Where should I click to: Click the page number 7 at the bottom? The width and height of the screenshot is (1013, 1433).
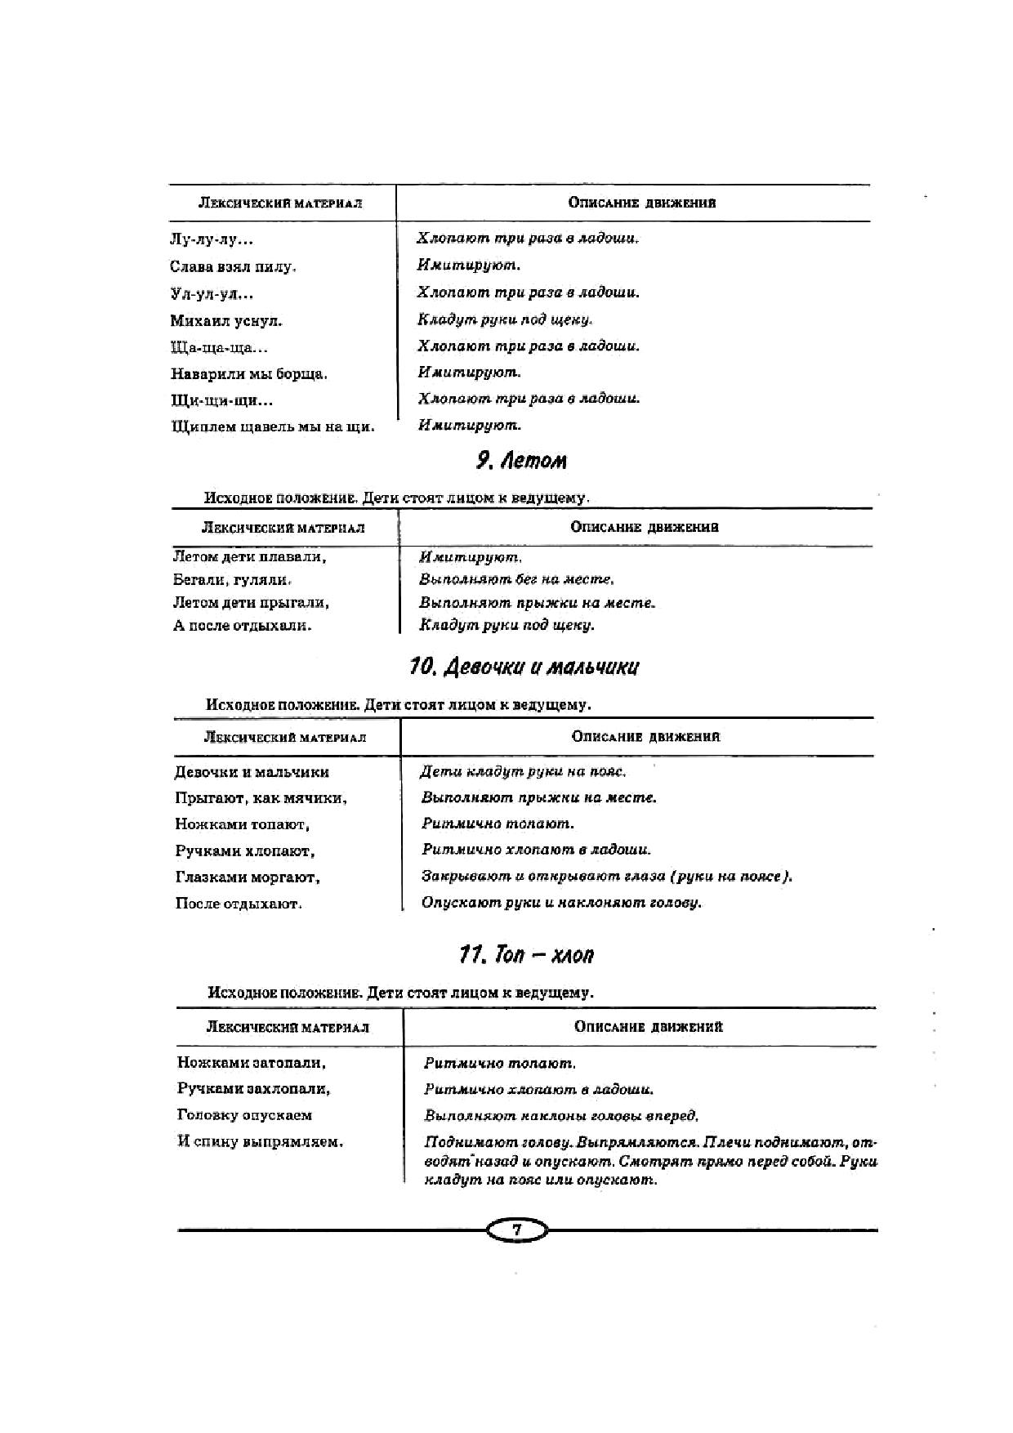[516, 1230]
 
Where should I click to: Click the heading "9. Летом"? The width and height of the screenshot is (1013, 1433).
[521, 461]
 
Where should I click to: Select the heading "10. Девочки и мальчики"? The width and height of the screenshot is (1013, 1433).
[524, 667]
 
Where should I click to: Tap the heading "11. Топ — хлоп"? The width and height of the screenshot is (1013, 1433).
[526, 954]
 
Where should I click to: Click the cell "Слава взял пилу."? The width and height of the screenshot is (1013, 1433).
[233, 266]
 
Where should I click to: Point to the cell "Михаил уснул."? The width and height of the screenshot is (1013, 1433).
[226, 321]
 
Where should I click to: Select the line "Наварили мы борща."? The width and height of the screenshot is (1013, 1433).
[248, 374]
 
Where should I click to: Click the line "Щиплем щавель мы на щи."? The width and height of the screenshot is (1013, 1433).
[273, 426]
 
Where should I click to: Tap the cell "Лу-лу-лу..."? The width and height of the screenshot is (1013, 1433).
[212, 240]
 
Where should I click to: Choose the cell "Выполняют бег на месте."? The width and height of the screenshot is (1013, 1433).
[515, 579]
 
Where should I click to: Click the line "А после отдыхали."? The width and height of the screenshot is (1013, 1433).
[243, 626]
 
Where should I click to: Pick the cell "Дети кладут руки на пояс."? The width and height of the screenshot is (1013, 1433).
[523, 771]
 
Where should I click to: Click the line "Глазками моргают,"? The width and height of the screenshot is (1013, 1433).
[248, 877]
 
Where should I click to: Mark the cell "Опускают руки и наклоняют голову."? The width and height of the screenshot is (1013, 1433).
[561, 903]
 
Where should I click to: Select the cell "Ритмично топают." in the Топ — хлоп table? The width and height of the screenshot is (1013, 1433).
[500, 1064]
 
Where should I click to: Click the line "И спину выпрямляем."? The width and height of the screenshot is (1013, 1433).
[260, 1142]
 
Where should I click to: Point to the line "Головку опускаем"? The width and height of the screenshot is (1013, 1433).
[245, 1115]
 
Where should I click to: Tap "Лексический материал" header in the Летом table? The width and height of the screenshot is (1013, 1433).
[283, 528]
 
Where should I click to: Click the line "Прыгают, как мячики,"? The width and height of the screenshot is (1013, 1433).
[261, 798]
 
